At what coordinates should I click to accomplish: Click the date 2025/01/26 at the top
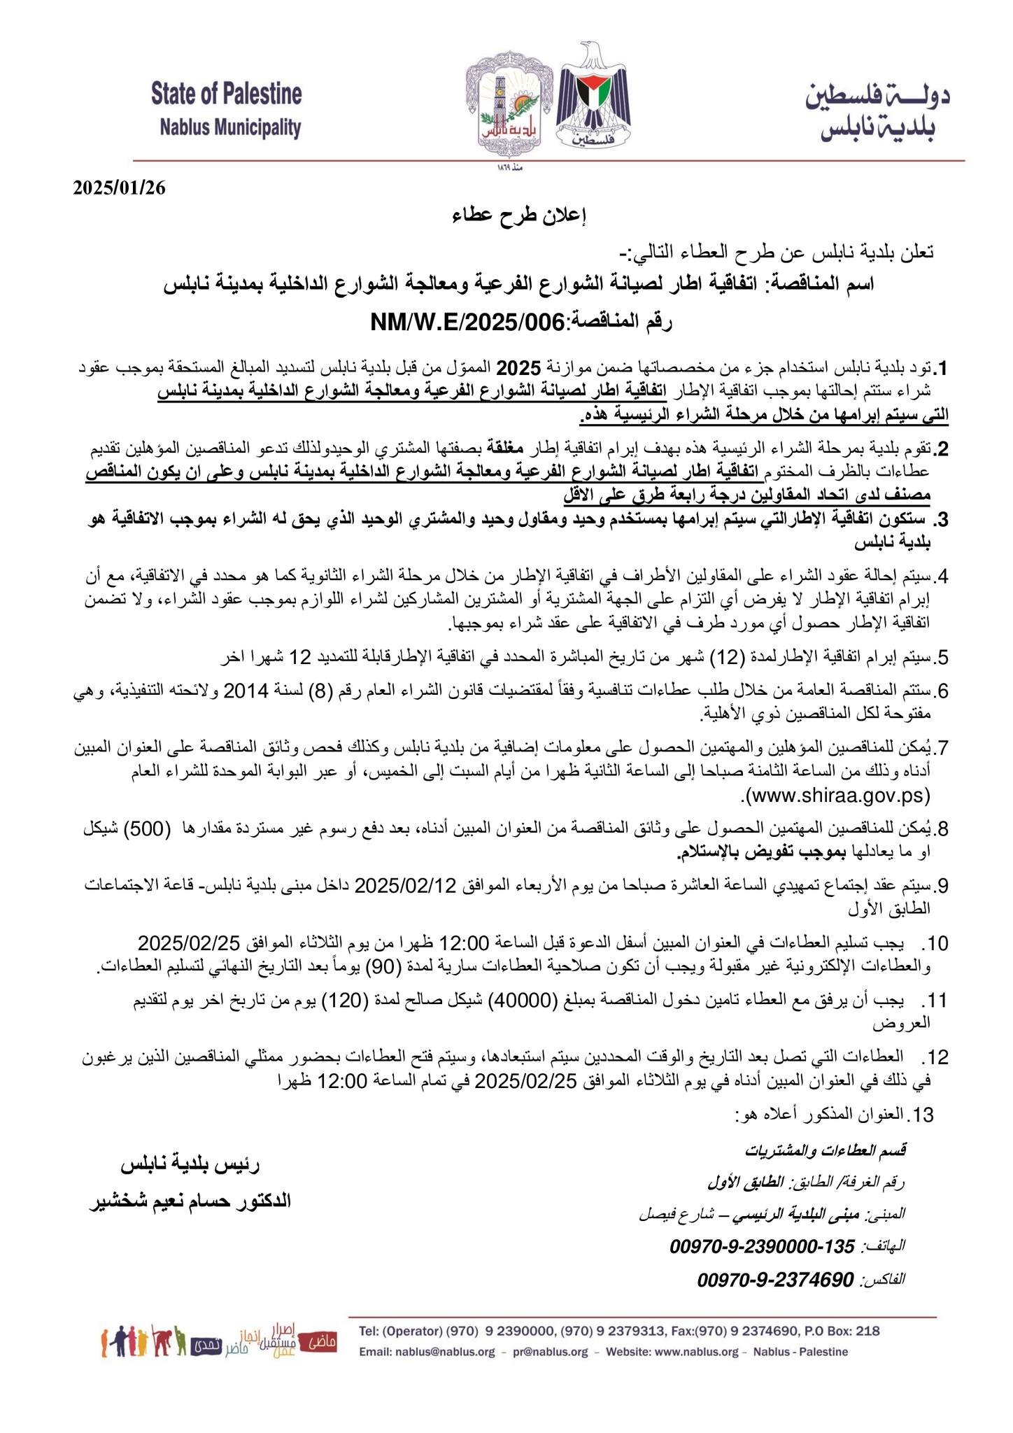(120, 188)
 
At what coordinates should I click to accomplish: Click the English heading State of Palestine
(227, 93)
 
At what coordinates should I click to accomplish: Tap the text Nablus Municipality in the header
(230, 128)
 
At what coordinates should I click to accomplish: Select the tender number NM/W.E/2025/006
(467, 322)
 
